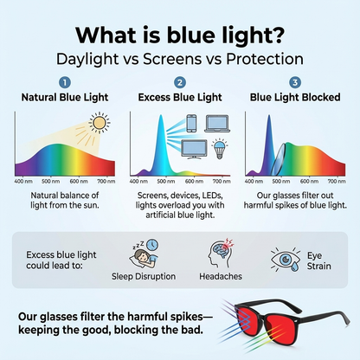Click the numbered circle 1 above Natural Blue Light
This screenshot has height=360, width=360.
point(65,83)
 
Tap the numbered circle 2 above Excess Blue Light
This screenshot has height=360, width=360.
point(180,83)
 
